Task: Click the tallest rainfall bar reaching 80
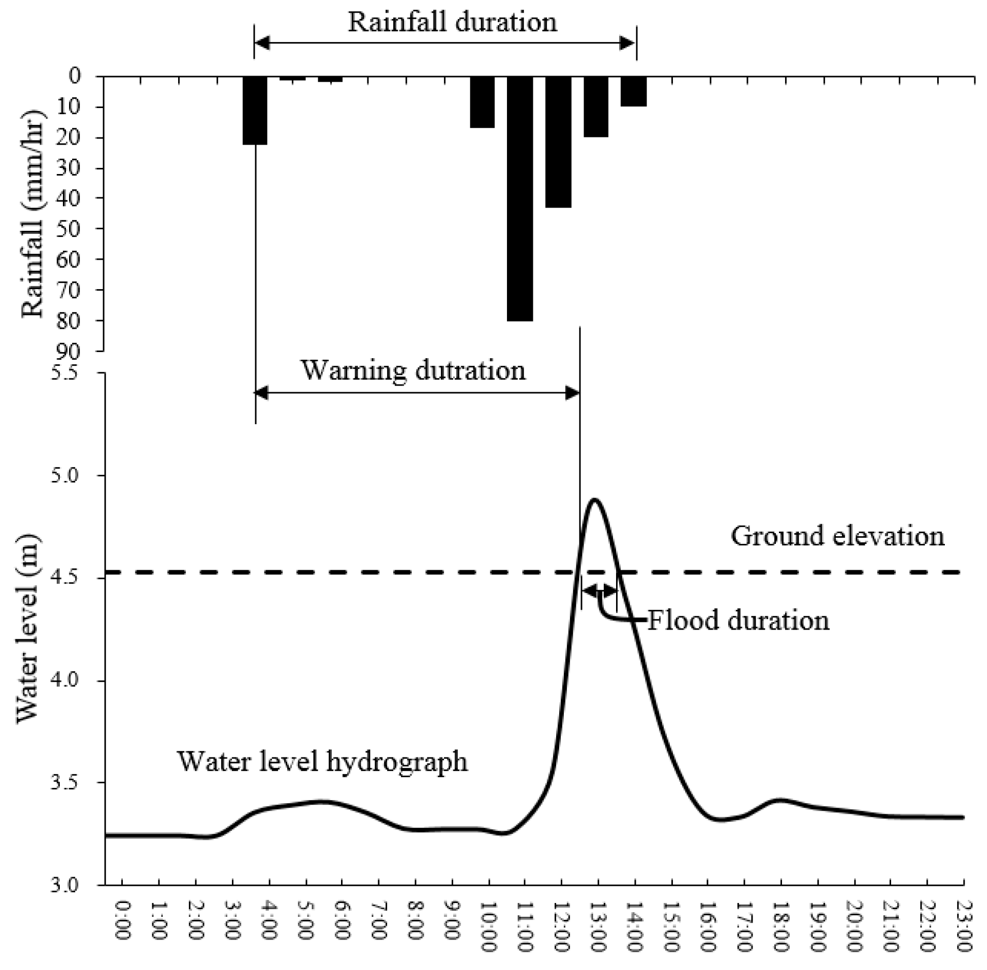520,199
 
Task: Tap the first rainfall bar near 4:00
255,110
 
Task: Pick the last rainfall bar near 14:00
633,91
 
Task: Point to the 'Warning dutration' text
413,370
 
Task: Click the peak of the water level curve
594,500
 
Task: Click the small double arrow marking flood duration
599,591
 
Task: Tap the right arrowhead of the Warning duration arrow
573,393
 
